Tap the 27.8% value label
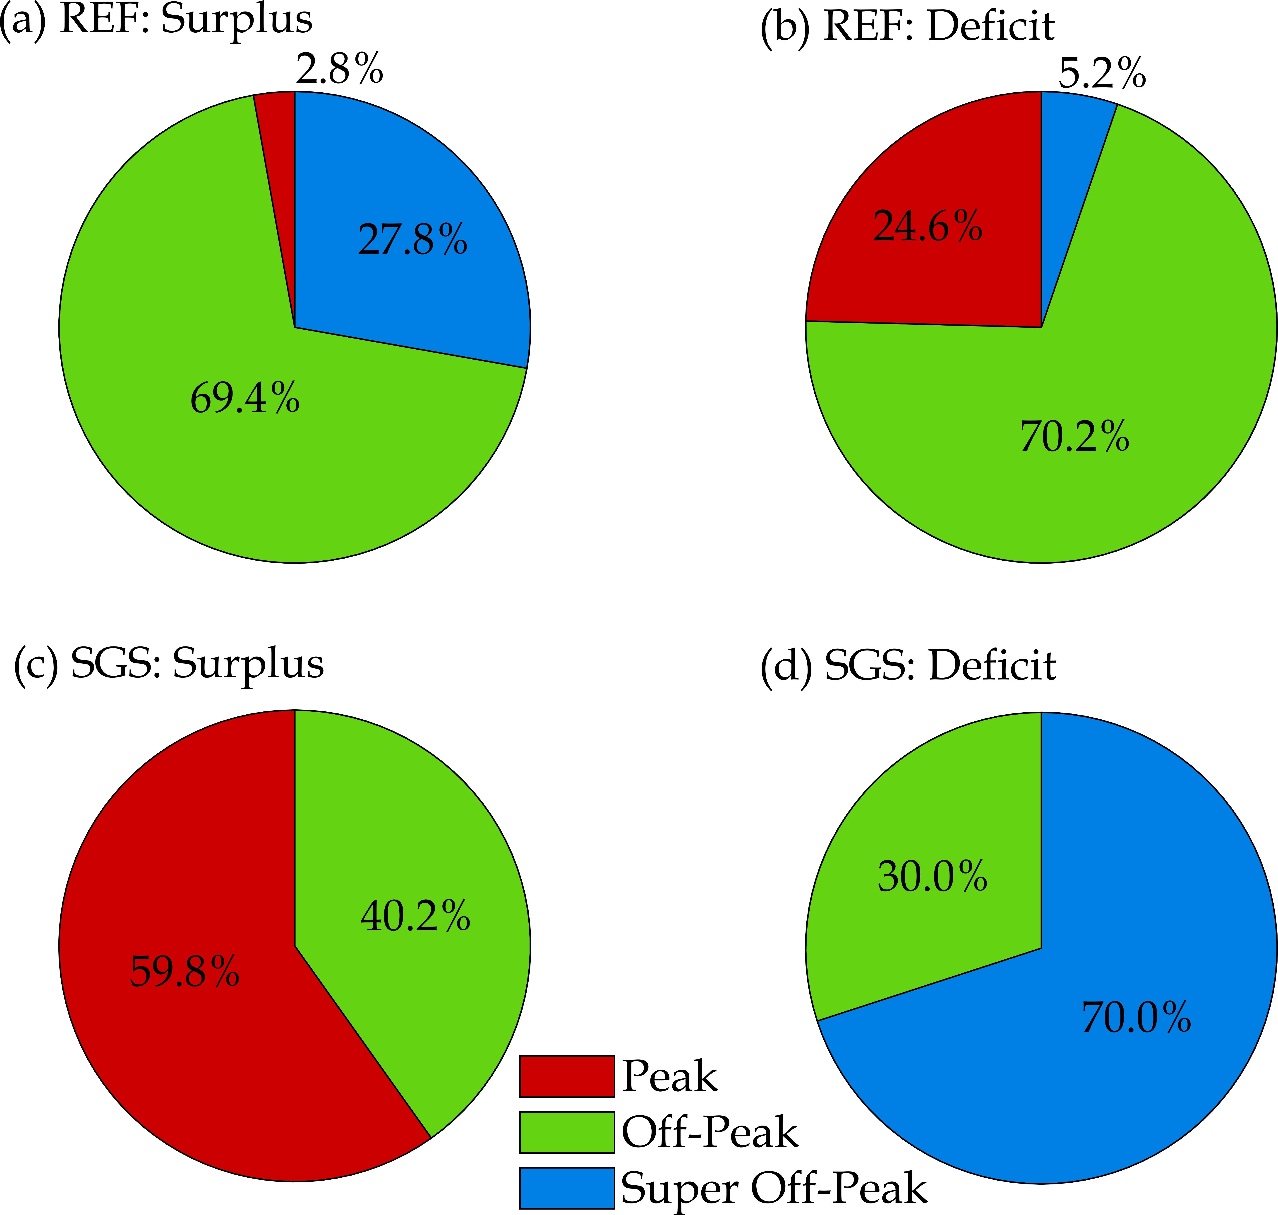tap(412, 240)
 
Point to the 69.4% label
tap(245, 398)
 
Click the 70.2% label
tap(1075, 437)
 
